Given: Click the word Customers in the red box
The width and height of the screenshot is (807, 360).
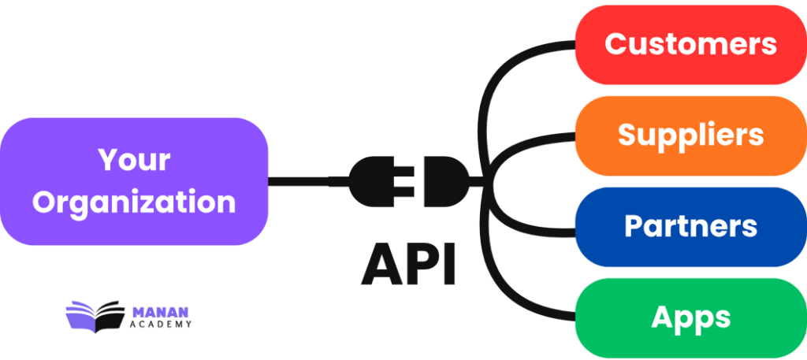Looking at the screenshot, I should tap(690, 43).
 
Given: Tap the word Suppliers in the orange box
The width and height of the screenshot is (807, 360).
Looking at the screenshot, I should tap(690, 134).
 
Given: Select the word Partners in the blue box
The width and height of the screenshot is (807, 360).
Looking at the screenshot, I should tap(690, 226).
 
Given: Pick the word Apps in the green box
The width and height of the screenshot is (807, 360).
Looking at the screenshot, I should tap(690, 317).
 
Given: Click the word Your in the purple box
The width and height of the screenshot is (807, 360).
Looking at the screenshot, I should tap(134, 160).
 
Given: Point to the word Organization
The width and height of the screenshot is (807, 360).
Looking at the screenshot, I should tap(134, 202).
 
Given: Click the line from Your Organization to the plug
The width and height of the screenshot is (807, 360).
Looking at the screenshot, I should tap(307, 181).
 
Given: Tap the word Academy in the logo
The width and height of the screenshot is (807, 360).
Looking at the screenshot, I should tap(159, 324).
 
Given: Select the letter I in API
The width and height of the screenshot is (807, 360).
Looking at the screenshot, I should tap(448, 264).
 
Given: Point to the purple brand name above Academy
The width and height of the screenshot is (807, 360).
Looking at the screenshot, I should tap(159, 311).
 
